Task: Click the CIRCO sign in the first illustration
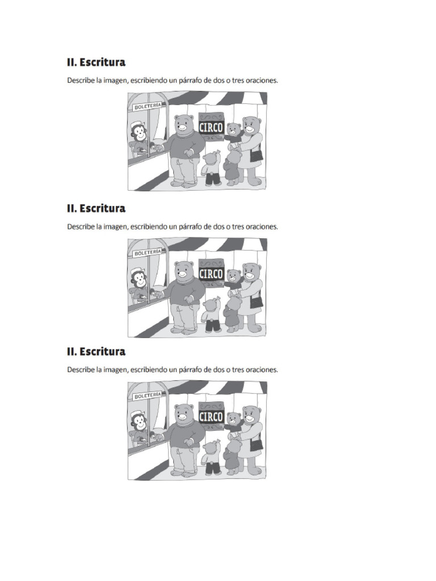pyautogui.click(x=211, y=127)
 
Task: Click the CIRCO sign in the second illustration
pyautogui.click(x=211, y=273)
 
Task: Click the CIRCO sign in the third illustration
pyautogui.click(x=211, y=416)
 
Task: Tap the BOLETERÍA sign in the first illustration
pyautogui.click(x=148, y=106)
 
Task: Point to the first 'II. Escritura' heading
pyautogui.click(x=96, y=62)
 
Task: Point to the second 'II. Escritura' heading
pyautogui.click(x=96, y=209)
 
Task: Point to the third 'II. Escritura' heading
pyautogui.click(x=96, y=352)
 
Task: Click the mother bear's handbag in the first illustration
pyautogui.click(x=257, y=154)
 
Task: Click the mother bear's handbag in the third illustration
pyautogui.click(x=257, y=444)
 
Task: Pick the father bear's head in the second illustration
pyautogui.click(x=183, y=271)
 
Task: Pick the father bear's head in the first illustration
pyautogui.click(x=183, y=124)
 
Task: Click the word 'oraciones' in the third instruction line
pyautogui.click(x=261, y=370)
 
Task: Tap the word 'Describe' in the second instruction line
pyautogui.click(x=81, y=226)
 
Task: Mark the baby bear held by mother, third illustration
pyautogui.click(x=232, y=422)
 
